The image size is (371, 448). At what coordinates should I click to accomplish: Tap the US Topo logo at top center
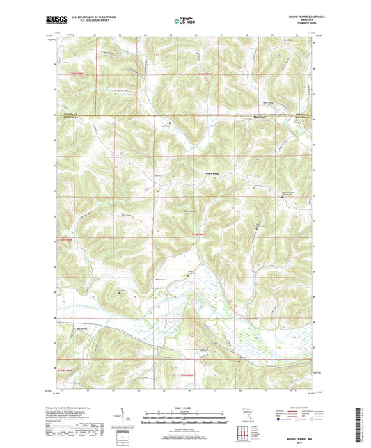coord(184,22)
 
